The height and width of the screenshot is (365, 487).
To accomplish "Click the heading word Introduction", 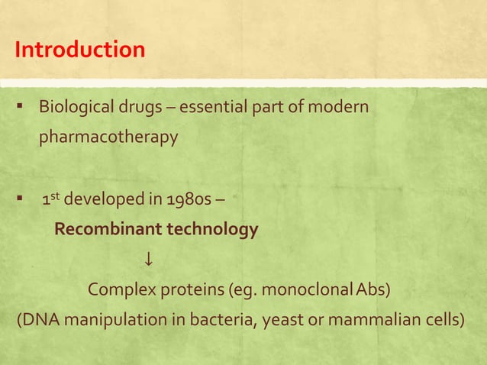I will tap(79, 50).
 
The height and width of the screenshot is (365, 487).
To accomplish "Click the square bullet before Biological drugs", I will tap(18, 106).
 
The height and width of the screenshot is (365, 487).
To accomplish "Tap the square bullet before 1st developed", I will tap(18, 202).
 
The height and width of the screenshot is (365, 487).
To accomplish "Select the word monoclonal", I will tap(296, 290).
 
